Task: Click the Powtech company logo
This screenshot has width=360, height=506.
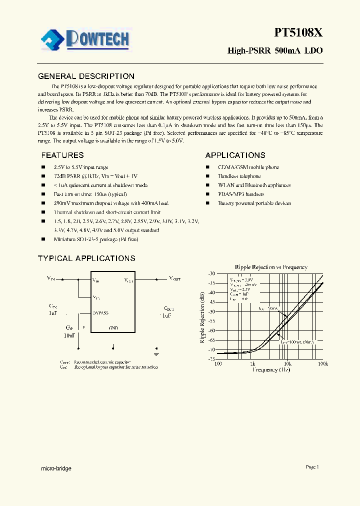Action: click(85, 39)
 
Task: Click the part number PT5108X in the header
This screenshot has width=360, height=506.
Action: click(298, 33)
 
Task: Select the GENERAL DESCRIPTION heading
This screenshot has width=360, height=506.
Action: click(86, 76)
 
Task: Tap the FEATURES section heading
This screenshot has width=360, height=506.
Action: click(62, 155)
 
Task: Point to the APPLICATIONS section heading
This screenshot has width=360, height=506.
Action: click(235, 155)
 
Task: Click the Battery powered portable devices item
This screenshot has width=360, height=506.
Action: click(254, 203)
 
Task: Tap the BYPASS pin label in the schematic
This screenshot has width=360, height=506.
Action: click(100, 313)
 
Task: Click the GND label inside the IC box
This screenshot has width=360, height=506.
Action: click(113, 328)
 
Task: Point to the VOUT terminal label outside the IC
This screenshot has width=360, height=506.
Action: click(175, 278)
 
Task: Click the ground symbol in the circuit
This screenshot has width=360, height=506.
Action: click(157, 352)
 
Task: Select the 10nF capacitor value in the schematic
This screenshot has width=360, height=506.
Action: click(69, 336)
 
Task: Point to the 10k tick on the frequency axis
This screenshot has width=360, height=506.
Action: click(287, 364)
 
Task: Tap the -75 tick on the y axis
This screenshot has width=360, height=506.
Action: click(211, 359)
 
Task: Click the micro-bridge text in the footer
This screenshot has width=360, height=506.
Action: click(55, 468)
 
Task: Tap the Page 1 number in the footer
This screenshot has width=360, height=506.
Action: click(312, 467)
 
